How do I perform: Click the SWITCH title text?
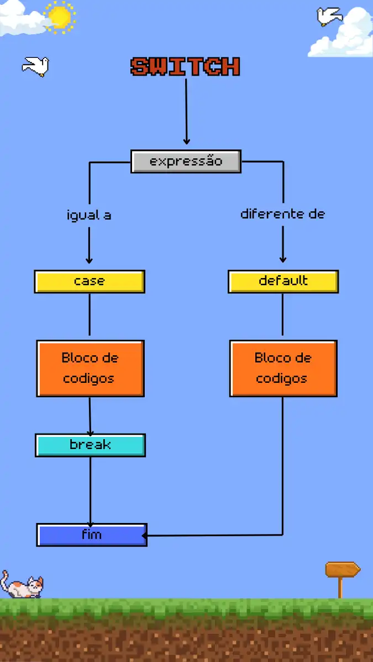186,67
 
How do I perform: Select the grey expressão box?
186,162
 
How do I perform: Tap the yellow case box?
90,281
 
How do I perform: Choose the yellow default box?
283,281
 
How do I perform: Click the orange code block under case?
90,369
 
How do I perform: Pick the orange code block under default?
283,369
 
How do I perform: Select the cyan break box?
90,445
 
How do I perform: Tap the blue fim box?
92,535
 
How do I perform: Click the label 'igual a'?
89,215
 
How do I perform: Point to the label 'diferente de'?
282,214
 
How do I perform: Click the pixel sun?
60,17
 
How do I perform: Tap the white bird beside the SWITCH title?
36,66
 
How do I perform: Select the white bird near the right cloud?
329,16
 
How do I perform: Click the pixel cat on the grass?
22,586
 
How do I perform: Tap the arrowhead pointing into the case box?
89,260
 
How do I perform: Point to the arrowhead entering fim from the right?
146,535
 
